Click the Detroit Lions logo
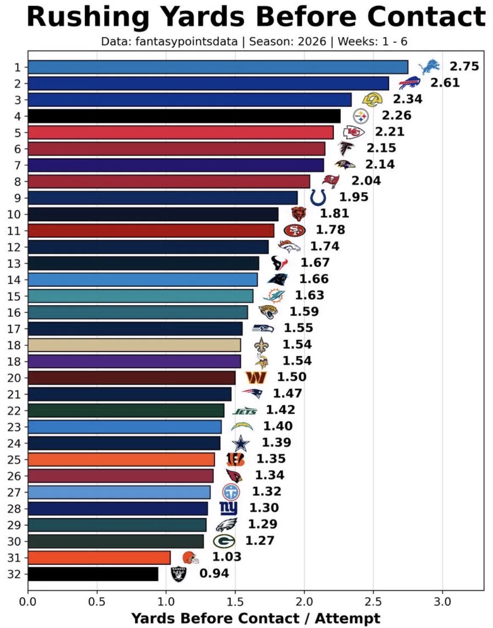click(429, 67)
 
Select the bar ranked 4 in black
click(184, 116)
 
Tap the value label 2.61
click(445, 83)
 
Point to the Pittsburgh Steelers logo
click(361, 116)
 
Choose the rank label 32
click(14, 574)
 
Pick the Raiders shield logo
click(179, 574)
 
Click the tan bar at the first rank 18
click(134, 345)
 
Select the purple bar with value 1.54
click(134, 361)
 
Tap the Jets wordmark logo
click(245, 411)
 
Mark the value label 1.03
click(227, 557)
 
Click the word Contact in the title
click(426, 17)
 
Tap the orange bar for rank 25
click(122, 459)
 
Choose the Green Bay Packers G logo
click(224, 541)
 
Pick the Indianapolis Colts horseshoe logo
click(318, 198)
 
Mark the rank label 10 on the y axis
click(14, 215)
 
